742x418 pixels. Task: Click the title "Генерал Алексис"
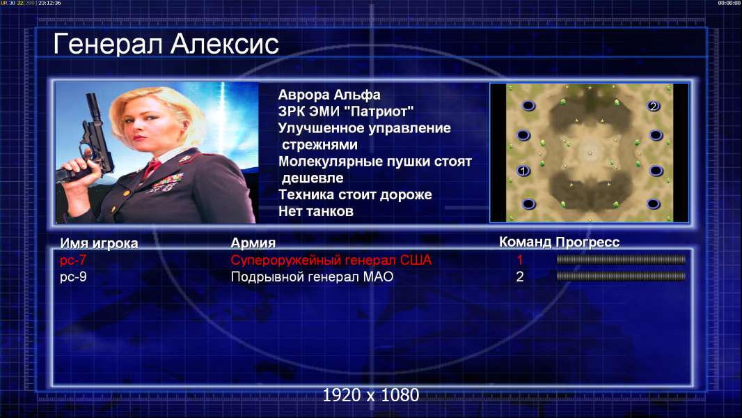click(166, 44)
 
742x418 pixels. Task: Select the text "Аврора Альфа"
click(329, 95)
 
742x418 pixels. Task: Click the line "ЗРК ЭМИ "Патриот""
click(346, 111)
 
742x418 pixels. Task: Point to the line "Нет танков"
click(315, 211)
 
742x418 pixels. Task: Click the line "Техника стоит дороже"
click(355, 194)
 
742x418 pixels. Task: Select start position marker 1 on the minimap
click(523, 171)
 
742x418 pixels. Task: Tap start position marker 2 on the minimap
click(653, 106)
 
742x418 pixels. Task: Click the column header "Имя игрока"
click(99, 243)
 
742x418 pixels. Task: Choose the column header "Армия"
click(253, 243)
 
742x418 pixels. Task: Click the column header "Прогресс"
click(587, 242)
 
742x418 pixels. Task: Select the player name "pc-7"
click(73, 260)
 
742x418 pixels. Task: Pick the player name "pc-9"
click(73, 277)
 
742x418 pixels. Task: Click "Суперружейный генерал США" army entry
click(331, 260)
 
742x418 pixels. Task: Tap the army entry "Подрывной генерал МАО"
click(312, 277)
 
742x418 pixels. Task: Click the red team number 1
click(519, 260)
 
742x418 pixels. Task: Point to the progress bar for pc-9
click(621, 276)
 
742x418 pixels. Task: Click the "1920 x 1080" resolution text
click(371, 395)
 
